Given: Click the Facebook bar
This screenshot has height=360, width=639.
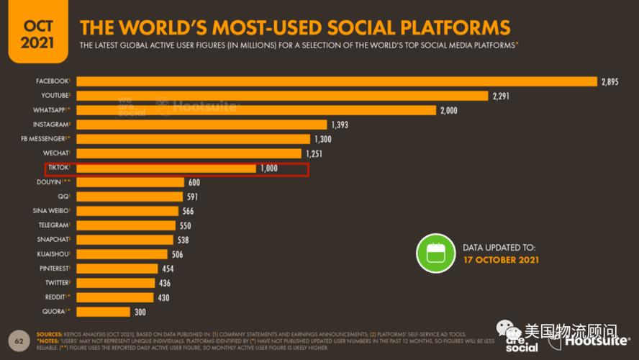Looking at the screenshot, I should [x=337, y=81].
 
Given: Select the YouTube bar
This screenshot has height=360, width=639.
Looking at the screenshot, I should [x=282, y=96].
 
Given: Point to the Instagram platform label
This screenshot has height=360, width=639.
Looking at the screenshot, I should [x=51, y=125].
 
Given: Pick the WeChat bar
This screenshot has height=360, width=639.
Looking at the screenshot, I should [x=189, y=153].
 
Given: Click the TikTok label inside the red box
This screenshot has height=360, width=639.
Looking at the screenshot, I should [x=58, y=168].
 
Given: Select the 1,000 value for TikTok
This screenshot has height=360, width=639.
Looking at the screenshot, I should [x=269, y=168].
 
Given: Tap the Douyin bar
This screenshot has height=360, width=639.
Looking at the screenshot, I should [x=130, y=182].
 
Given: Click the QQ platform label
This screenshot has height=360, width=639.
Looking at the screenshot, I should [x=63, y=197].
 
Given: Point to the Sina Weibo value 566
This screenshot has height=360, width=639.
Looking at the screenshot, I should [x=187, y=211].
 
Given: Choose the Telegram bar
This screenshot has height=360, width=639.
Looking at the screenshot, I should [x=126, y=225].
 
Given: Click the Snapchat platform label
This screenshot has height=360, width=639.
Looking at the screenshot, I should [x=53, y=240].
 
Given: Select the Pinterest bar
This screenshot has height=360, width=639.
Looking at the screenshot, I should [x=117, y=269].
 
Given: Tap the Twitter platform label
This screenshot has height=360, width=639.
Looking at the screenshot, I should [x=56, y=283].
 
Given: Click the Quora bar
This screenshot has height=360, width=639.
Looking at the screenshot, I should [x=103, y=312].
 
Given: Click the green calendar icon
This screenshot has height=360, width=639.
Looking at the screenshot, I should [x=435, y=253].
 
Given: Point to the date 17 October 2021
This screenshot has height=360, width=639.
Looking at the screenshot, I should [x=501, y=260].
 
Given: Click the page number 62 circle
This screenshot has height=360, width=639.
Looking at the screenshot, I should [x=19, y=339].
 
